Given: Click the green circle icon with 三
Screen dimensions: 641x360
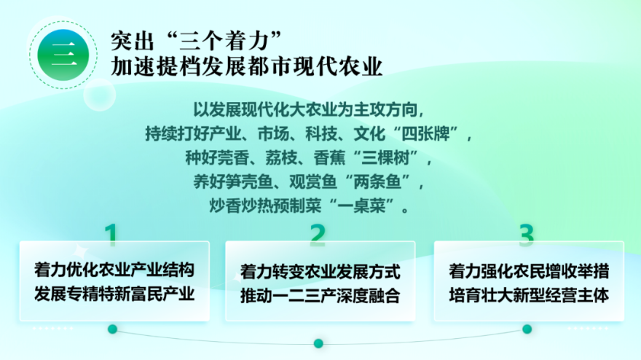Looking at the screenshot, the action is [63, 55].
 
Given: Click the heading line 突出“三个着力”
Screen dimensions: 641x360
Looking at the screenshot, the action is [197, 41].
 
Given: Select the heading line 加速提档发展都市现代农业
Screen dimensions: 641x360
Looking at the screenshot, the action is [246, 67].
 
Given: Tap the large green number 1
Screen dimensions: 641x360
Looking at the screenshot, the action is [111, 235].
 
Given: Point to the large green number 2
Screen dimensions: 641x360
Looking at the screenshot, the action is [318, 235].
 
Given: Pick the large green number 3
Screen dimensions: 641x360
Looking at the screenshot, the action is [527, 235].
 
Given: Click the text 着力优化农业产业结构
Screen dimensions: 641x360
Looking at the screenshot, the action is [114, 270].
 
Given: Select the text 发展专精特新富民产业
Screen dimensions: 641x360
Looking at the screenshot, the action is [114, 294].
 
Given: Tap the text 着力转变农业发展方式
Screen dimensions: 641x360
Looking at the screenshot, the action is [320, 272].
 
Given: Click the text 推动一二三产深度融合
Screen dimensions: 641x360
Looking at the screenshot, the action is [320, 296].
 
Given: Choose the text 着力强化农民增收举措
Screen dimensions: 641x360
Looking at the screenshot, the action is [529, 271].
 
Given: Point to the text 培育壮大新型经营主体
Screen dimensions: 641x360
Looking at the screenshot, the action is [529, 295].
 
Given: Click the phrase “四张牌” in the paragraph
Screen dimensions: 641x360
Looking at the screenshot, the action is [425, 134].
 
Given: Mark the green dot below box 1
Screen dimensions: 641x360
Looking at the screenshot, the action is [112, 329].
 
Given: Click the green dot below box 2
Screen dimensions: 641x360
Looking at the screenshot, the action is [318, 343].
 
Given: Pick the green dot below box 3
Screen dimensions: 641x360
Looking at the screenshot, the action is [527, 329].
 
